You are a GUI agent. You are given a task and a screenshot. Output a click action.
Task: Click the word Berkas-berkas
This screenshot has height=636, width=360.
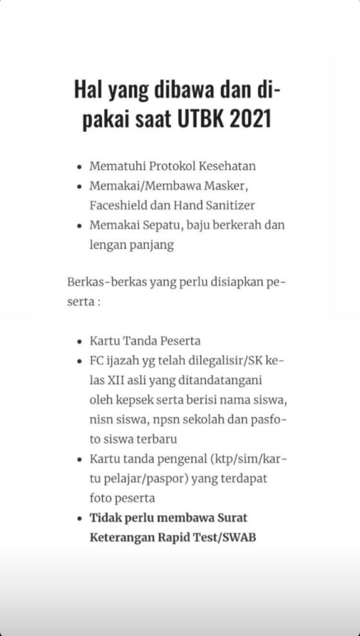pyautogui.click(x=99, y=282)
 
